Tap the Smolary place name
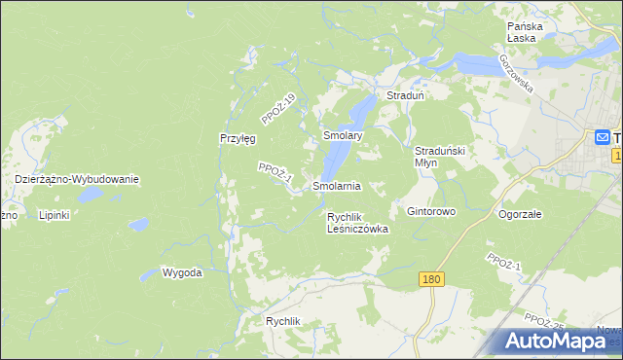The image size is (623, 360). click(x=343, y=136)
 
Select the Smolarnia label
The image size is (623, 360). click(x=337, y=185)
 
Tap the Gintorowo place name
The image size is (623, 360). click(x=431, y=211)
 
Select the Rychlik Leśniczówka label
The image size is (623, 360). click(x=357, y=223)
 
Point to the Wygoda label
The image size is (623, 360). click(x=182, y=272)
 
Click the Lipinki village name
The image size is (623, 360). click(x=54, y=215)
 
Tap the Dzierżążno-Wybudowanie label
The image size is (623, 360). click(x=78, y=179)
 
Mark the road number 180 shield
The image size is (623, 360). click(x=433, y=279)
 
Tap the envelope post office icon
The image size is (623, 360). click(x=603, y=137)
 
